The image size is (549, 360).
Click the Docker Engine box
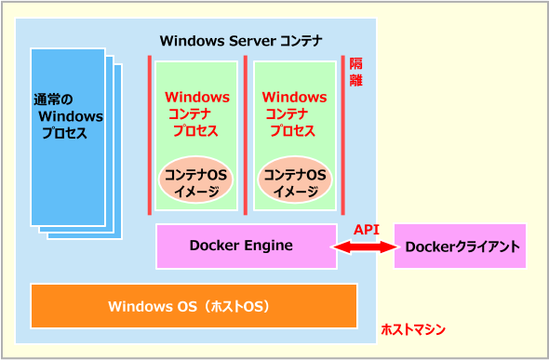pos(246,247)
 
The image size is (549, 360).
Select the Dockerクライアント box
pos(460,247)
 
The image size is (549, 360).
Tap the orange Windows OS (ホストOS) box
pos(194,306)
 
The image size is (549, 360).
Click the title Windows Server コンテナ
pos(241,40)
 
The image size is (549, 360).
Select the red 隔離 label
pos(356,73)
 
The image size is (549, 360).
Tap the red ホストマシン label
pos(413,329)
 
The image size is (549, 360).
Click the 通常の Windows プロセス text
pos(69,116)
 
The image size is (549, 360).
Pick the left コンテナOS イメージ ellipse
pos(194,183)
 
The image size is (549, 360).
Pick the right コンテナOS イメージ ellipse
pos(294,183)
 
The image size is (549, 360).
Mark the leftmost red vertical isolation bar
pos(149,134)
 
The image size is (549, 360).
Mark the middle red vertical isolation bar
pos(247,134)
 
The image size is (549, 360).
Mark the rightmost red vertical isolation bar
pos(343,134)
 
